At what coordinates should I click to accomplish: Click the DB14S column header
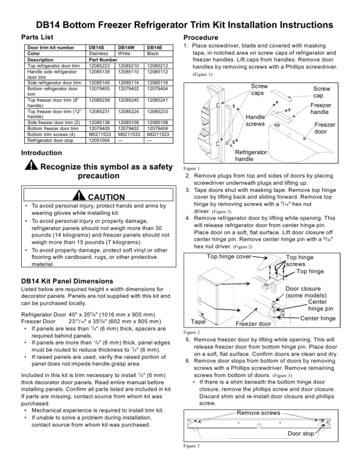[96, 47]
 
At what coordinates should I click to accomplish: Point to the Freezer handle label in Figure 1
[320, 108]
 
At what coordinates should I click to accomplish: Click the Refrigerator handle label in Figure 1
[252, 155]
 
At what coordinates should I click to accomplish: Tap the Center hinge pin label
[321, 305]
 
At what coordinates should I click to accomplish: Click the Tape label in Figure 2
[198, 322]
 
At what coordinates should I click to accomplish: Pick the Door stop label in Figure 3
[301, 434]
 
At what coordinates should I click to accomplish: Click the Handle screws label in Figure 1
[255, 120]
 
